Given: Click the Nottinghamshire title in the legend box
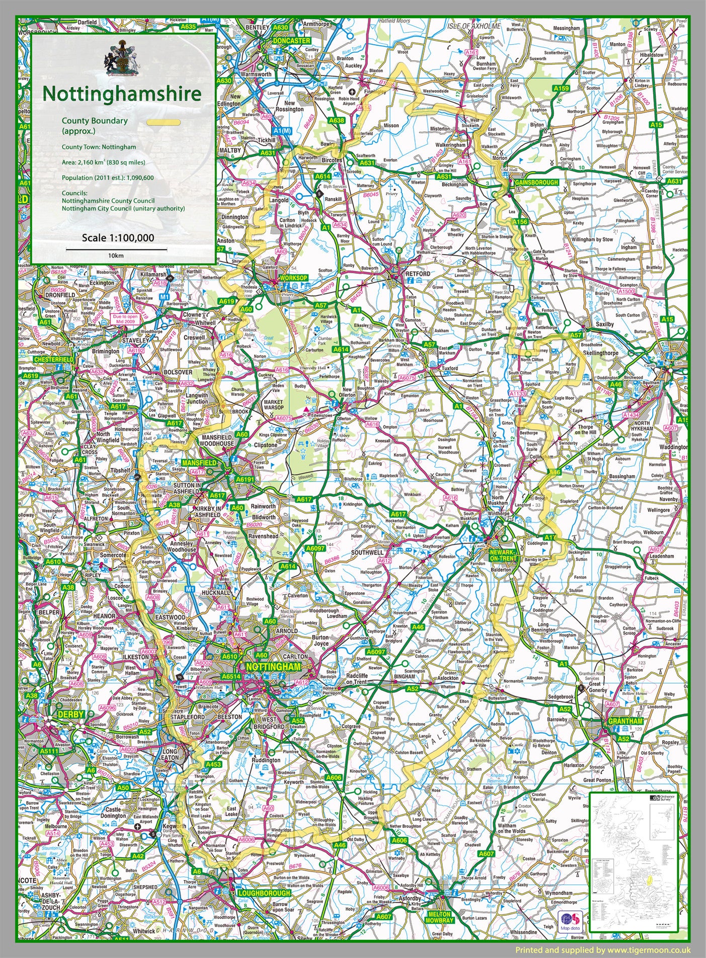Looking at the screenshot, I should [x=122, y=94].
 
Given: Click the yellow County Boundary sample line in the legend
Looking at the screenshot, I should [x=164, y=122].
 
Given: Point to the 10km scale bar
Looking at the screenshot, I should [x=116, y=249].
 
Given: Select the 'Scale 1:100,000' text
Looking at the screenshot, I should [x=118, y=237].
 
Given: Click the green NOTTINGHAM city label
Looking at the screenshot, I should [x=273, y=667].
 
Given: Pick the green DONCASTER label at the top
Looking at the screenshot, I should [x=292, y=40].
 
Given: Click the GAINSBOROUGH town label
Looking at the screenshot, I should [x=537, y=182].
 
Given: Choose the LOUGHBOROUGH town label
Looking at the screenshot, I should [x=263, y=893].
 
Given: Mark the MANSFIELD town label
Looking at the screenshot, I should [x=199, y=462].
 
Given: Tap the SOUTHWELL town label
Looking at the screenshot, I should [x=367, y=552].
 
